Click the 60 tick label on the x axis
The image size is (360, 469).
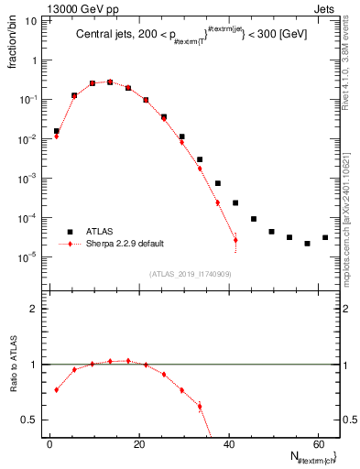pyautogui.click(x=316, y=443)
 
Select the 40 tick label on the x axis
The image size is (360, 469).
pyautogui.click(x=227, y=443)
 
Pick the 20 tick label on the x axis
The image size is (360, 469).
pyautogui.click(x=138, y=443)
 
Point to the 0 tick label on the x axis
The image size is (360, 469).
pyautogui.click(x=49, y=443)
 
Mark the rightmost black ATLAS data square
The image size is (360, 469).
pyautogui.click(x=325, y=237)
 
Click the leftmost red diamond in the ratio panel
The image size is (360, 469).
pyautogui.click(x=56, y=389)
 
